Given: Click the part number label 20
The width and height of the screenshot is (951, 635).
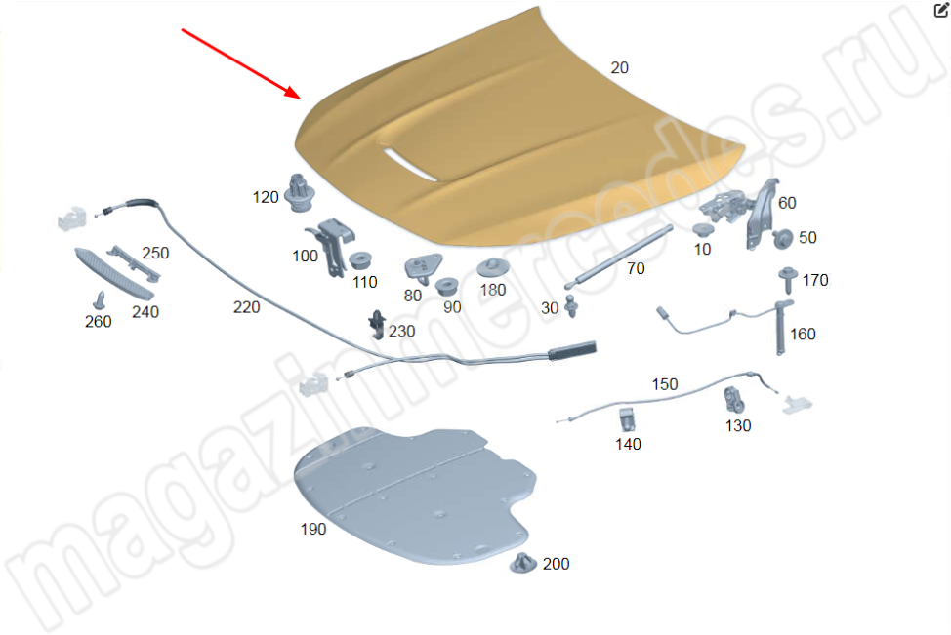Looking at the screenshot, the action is [619, 68].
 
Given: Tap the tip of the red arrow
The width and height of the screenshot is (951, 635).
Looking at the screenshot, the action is [301, 98].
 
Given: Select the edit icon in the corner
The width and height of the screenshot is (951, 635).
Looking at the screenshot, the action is [941, 9].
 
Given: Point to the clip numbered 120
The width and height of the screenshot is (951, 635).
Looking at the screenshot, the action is [299, 193].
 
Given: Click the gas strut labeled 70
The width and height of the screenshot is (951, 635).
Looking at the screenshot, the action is [618, 257].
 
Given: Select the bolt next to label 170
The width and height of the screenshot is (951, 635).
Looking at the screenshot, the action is [787, 280].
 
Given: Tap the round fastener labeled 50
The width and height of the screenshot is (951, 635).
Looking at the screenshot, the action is [782, 239].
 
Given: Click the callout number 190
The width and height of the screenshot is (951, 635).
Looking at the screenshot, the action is [313, 529].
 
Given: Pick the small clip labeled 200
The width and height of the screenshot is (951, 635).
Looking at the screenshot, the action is [522, 564].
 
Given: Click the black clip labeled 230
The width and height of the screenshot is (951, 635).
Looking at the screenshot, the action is [377, 326].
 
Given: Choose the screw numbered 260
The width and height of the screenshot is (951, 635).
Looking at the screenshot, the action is [99, 300].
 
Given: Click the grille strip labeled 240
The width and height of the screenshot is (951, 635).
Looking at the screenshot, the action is [113, 273].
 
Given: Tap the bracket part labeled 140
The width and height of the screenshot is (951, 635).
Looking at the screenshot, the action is [627, 419].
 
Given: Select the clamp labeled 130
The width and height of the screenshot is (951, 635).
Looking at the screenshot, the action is [734, 400].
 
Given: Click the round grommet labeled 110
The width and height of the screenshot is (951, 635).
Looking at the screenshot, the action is [360, 260].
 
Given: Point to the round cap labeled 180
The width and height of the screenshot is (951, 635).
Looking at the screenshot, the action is [492, 268].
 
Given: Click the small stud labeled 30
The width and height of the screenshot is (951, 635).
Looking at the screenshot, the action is [571, 305].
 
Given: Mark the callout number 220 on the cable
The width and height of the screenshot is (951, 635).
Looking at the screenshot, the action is [246, 308].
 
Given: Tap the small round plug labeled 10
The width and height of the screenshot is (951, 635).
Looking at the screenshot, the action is [703, 231].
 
